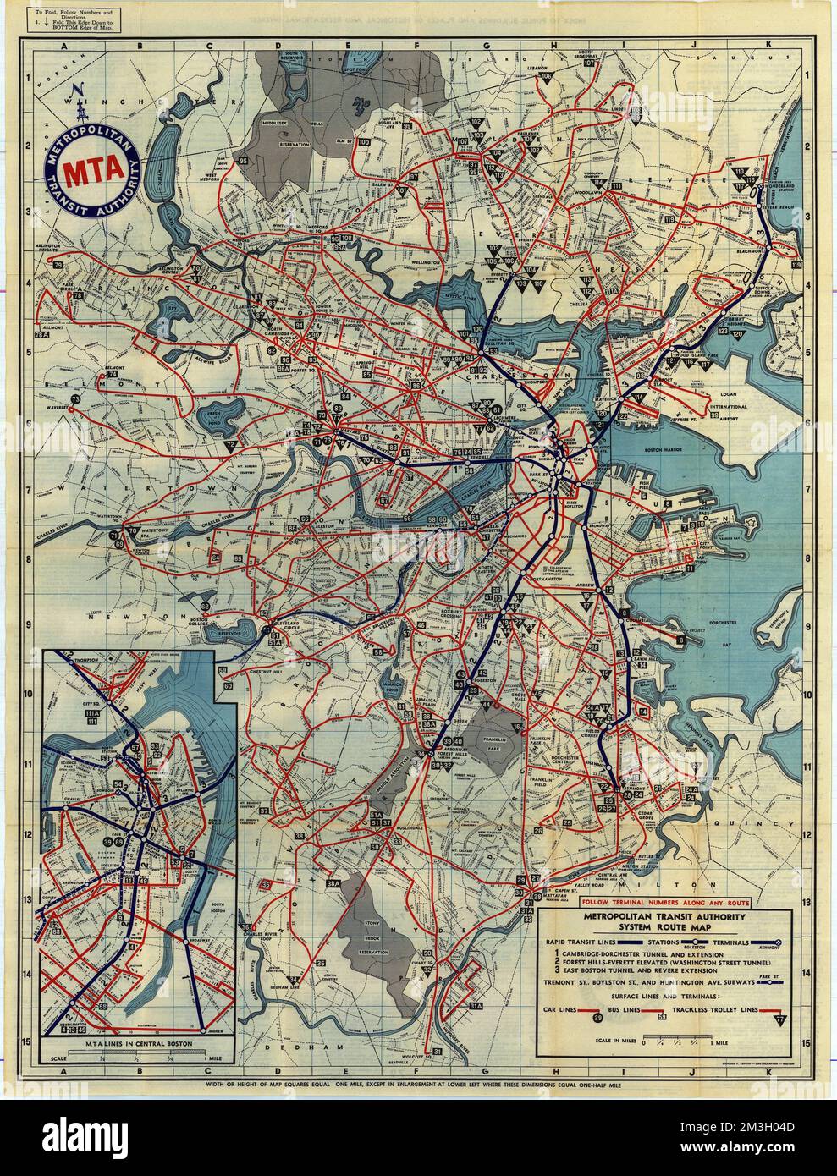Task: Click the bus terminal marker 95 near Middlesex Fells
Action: [243, 160]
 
